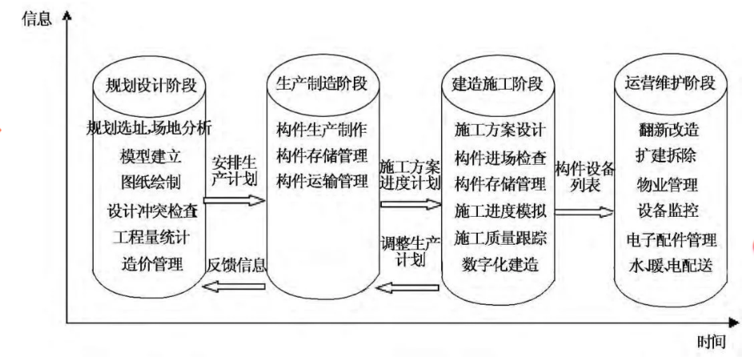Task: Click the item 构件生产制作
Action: tap(321, 128)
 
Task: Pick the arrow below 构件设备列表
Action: tap(584, 212)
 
